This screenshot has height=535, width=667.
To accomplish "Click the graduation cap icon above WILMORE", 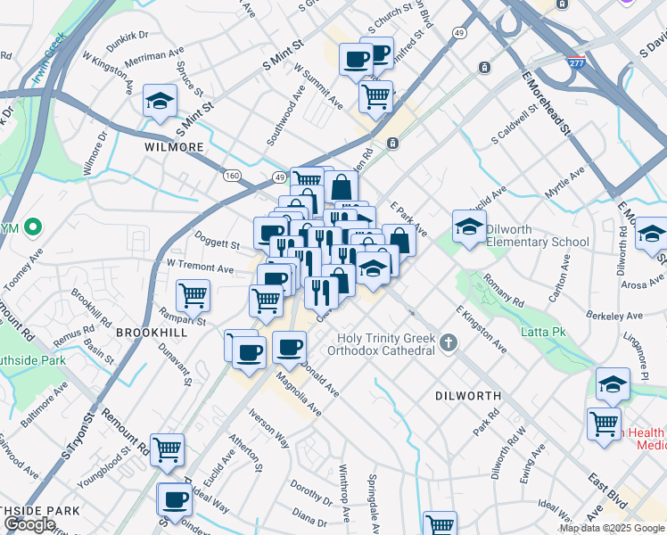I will click(160, 101).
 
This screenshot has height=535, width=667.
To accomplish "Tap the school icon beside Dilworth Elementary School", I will click(469, 227).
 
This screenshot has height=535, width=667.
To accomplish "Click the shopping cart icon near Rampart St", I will click(193, 295).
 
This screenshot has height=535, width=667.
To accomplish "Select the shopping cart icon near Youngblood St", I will click(167, 450).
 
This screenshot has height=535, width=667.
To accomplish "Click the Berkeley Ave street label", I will click(615, 316).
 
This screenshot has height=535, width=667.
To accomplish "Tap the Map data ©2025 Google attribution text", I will click(612, 528).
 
